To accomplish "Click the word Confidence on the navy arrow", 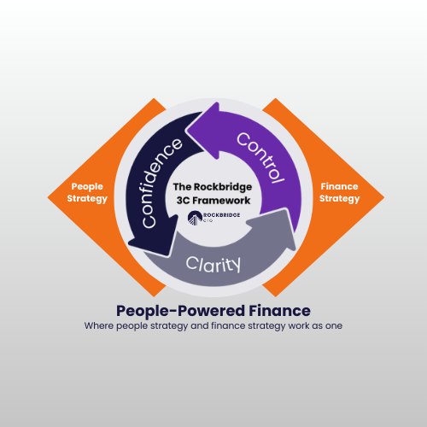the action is pyautogui.click(x=161, y=183).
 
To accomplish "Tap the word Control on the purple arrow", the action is pyautogui.click(x=260, y=157).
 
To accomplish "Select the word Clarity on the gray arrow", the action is pyautogui.click(x=213, y=264).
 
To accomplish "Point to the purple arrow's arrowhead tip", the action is pyautogui.click(x=186, y=131).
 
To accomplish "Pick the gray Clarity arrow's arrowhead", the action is pyautogui.click(x=273, y=228).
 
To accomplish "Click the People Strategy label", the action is pyautogui.click(x=87, y=193).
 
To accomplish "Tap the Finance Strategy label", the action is pyautogui.click(x=339, y=193).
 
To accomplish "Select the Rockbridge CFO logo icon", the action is pyautogui.click(x=195, y=218).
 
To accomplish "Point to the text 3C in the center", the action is pyautogui.click(x=183, y=201).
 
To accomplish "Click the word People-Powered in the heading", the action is pyautogui.click(x=180, y=311).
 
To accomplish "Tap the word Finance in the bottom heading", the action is pyautogui.click(x=279, y=311).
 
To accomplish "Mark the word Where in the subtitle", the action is pyautogui.click(x=99, y=325).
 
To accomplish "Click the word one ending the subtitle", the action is pyautogui.click(x=334, y=326).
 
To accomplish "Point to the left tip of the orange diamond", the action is pyautogui.click(x=48, y=197).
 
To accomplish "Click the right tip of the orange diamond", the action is pyautogui.click(x=384, y=197).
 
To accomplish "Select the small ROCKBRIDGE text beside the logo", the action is pyautogui.click(x=221, y=215).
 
